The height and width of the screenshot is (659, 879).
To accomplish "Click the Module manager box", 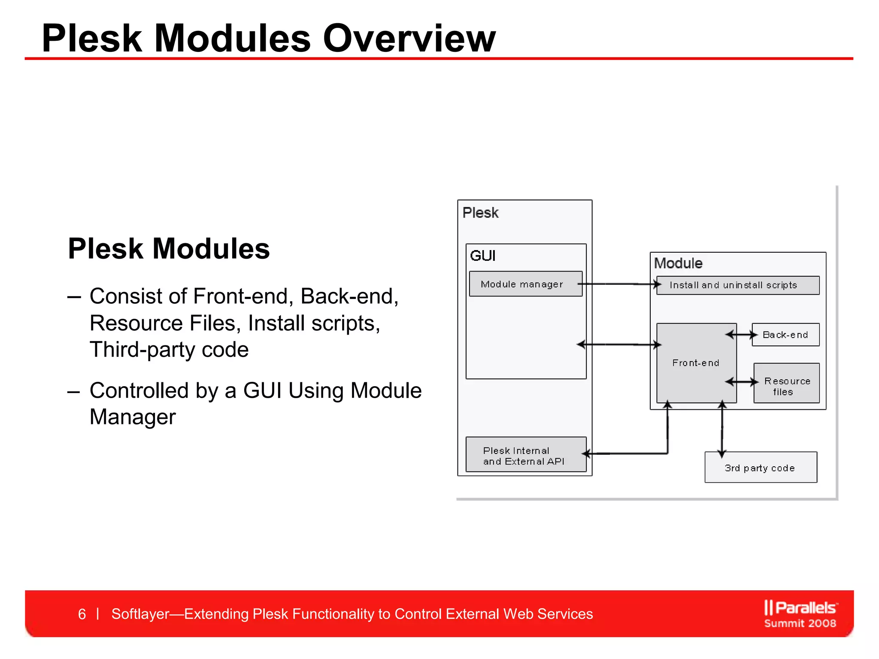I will point(525,284).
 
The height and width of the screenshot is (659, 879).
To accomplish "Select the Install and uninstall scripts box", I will point(737,285).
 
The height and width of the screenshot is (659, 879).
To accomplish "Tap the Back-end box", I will point(785,335).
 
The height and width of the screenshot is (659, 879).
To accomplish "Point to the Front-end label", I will point(695,363).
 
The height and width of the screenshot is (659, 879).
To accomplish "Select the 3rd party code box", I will point(760,468).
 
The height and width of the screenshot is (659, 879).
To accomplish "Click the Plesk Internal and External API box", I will point(525,455).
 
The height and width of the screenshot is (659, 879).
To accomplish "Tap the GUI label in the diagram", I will point(482,256).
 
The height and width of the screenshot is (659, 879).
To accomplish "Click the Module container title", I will point(678,263).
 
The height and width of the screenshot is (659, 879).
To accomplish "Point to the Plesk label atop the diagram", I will point(480,213).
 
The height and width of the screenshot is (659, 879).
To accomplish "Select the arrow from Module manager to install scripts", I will point(618,284).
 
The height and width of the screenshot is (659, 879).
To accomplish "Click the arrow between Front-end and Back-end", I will point(741,335).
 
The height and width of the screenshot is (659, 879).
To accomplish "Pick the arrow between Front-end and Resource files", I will point(741,382).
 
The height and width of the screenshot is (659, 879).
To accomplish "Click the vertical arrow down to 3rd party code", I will point(722,429).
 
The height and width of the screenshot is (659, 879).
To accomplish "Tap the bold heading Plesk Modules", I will point(169,249).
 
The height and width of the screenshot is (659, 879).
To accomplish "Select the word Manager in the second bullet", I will point(133,417).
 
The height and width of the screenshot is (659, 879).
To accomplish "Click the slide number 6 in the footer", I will point(82,614).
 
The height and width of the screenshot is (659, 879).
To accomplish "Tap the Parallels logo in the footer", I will point(800,614).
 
